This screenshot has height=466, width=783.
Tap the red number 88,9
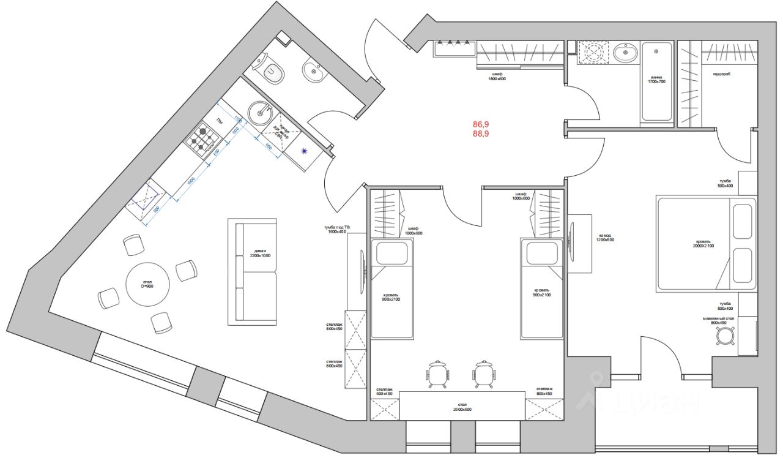[480, 133]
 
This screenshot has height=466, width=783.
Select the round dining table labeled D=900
[147, 284]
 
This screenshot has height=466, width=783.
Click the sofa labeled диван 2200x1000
[253, 271]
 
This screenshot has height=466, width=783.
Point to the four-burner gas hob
[202, 139]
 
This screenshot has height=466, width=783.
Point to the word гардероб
[721, 74]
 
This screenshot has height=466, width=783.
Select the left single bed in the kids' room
[391, 288]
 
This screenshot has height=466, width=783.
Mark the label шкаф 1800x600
[496, 76]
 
